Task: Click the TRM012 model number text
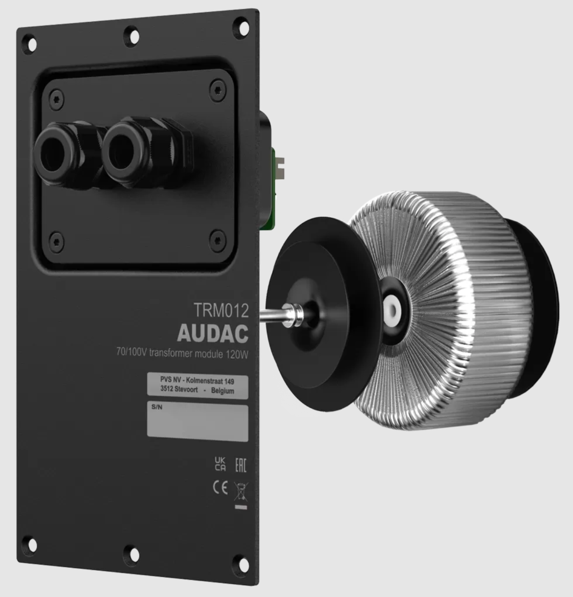point(221,310)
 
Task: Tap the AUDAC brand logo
point(213,333)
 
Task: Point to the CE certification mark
point(220,487)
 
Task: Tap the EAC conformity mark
point(240,465)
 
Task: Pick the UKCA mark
point(220,464)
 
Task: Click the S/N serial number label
point(157,407)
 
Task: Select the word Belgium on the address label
point(223,391)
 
